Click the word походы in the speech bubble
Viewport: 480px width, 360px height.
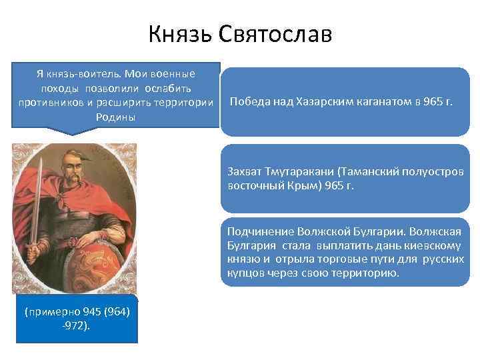tap(59, 88)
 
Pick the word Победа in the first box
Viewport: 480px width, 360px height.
tap(248, 102)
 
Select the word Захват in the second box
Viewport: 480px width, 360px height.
tap(245, 172)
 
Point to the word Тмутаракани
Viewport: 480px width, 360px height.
tap(298, 172)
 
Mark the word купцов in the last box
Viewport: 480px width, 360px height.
tap(244, 273)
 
